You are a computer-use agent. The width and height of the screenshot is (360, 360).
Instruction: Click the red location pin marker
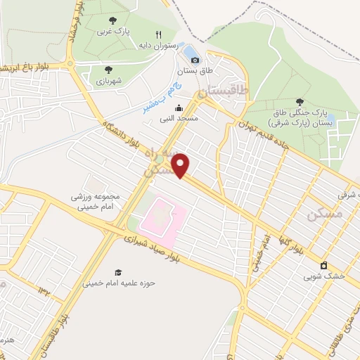pyautogui.click(x=181, y=165)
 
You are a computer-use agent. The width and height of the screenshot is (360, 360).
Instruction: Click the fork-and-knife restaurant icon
pyautogui.click(x=159, y=34)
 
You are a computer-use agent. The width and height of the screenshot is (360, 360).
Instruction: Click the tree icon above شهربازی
pyautogui.click(x=108, y=70)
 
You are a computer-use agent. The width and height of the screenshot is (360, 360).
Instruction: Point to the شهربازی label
pyautogui.click(x=109, y=81)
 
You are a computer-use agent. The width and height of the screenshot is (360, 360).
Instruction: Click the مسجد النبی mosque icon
pyautogui.click(x=179, y=108)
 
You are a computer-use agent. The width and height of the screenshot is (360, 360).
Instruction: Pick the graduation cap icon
pyautogui.click(x=118, y=272)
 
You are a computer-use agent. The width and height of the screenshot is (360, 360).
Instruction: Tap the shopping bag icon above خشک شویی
pyautogui.click(x=323, y=266)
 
